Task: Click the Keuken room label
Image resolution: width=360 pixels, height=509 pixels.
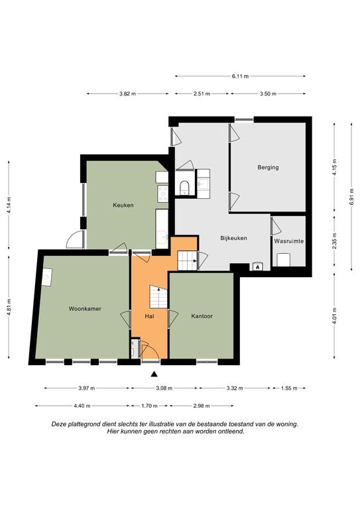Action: pos(123,205)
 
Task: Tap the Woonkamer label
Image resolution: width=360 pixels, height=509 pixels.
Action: pos(85,309)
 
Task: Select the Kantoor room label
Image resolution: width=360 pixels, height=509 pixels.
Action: pos(202,316)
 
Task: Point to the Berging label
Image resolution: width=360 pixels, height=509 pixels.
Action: pos(268,168)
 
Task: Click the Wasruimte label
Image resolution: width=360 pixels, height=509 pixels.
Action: pos(289,241)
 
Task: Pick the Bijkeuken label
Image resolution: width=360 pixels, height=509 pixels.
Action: pos(234,238)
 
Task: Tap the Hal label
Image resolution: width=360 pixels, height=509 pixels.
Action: pos(150,316)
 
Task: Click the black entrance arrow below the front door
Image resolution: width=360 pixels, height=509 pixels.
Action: pos(154,374)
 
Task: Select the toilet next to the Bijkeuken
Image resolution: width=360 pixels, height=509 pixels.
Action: pos(184,188)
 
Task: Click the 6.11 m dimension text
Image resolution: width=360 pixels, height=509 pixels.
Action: pos(240,76)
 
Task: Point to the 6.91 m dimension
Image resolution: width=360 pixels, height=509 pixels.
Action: pos(351,197)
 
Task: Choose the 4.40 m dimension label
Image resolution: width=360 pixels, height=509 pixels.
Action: pos(82,406)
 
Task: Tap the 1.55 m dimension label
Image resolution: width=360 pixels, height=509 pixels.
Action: pos(289,388)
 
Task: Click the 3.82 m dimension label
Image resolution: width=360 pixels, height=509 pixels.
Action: pos(127,94)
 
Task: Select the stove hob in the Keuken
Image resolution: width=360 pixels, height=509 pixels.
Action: pos(162,193)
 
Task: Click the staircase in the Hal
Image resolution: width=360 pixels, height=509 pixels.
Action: pos(158,297)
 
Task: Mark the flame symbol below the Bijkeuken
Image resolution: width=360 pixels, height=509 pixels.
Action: pos(257,267)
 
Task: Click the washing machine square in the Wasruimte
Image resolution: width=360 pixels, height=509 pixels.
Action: pos(283,260)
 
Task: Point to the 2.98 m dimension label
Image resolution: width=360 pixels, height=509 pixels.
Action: pos(202,406)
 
